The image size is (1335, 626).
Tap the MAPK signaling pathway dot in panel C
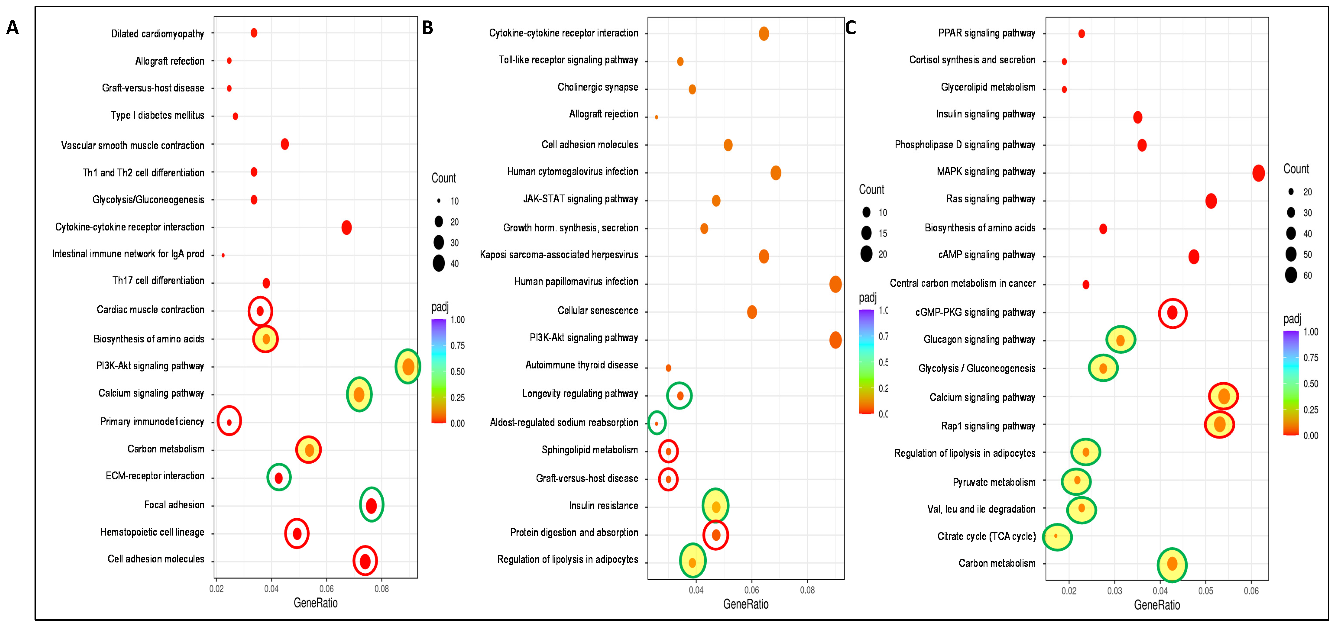click(1258, 173)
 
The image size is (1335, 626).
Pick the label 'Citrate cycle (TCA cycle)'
click(986, 536)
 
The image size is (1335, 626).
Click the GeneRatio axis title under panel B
click(746, 604)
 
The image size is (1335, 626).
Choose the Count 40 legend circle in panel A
click(439, 263)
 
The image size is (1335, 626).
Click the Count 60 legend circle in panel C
click(1291, 275)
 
